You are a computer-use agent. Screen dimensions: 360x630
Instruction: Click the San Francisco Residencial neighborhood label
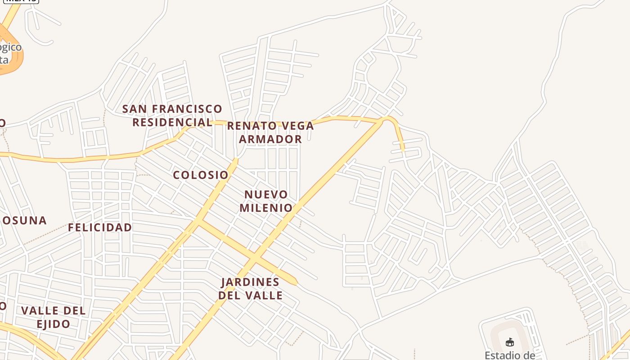172,116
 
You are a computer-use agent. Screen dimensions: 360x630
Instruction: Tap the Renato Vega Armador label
270,132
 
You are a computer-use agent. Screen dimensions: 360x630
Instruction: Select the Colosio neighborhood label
201,175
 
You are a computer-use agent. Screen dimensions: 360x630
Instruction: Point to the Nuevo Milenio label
266,201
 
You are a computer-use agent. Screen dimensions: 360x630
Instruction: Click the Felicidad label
100,228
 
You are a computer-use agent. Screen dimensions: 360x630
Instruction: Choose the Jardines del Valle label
251,289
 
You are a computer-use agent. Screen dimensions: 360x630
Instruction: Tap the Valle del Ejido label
53,317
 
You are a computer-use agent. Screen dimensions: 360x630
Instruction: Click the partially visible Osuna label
24,220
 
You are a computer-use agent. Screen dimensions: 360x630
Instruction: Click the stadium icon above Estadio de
509,343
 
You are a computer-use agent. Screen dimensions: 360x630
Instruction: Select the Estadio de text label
509,355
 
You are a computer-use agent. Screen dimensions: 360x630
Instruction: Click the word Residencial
172,122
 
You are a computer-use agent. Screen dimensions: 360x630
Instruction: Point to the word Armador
270,139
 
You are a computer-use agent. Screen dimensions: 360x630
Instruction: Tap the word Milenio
266,208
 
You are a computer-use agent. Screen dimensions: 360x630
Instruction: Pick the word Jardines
251,282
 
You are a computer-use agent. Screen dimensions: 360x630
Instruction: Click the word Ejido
53,324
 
